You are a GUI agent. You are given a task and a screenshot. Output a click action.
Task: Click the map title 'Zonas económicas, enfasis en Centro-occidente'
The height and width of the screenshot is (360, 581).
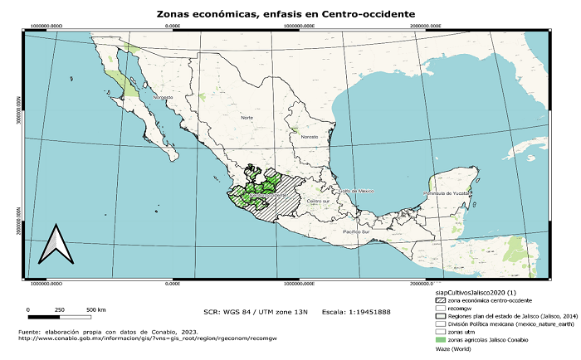(286, 15)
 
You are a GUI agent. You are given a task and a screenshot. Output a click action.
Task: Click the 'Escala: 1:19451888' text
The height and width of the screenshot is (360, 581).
(356, 313)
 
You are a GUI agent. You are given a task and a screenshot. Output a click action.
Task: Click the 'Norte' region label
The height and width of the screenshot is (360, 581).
(247, 118)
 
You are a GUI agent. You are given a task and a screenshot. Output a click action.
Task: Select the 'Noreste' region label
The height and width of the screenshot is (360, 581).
(309, 136)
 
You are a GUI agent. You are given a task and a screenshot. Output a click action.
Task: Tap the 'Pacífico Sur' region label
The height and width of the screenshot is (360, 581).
(357, 231)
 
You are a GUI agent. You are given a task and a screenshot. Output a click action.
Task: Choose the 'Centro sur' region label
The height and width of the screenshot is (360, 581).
(319, 201)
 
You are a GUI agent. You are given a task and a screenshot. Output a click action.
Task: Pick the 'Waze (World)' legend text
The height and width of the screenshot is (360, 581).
(453, 349)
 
